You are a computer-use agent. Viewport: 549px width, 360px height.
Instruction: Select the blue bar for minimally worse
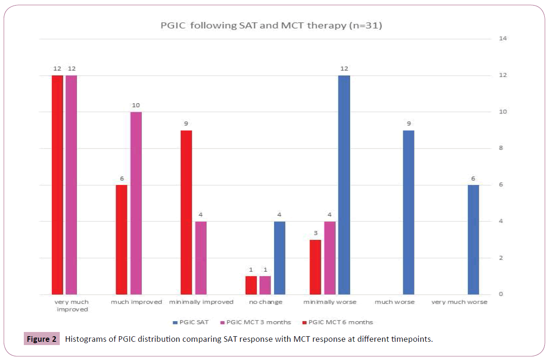[344, 184]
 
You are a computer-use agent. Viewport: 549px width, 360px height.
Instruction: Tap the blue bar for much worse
[408, 212]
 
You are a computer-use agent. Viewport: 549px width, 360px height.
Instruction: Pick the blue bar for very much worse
[473, 240]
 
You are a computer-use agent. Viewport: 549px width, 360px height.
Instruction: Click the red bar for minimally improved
[186, 212]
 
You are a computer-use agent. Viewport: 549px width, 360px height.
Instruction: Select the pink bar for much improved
[136, 203]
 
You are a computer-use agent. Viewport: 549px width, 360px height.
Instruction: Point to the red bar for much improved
[121, 240]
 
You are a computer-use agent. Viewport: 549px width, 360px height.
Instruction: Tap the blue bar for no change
[280, 258]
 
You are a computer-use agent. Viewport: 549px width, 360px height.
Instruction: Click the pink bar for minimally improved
[200, 258]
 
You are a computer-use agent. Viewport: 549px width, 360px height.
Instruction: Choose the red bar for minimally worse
[316, 267]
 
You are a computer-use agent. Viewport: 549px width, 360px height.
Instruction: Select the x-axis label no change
[265, 302]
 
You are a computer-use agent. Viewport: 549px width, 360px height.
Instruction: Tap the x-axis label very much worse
[459, 302]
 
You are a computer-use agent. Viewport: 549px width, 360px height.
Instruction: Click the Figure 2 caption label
[42, 339]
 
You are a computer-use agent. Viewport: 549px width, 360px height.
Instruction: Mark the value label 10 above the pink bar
[136, 106]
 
